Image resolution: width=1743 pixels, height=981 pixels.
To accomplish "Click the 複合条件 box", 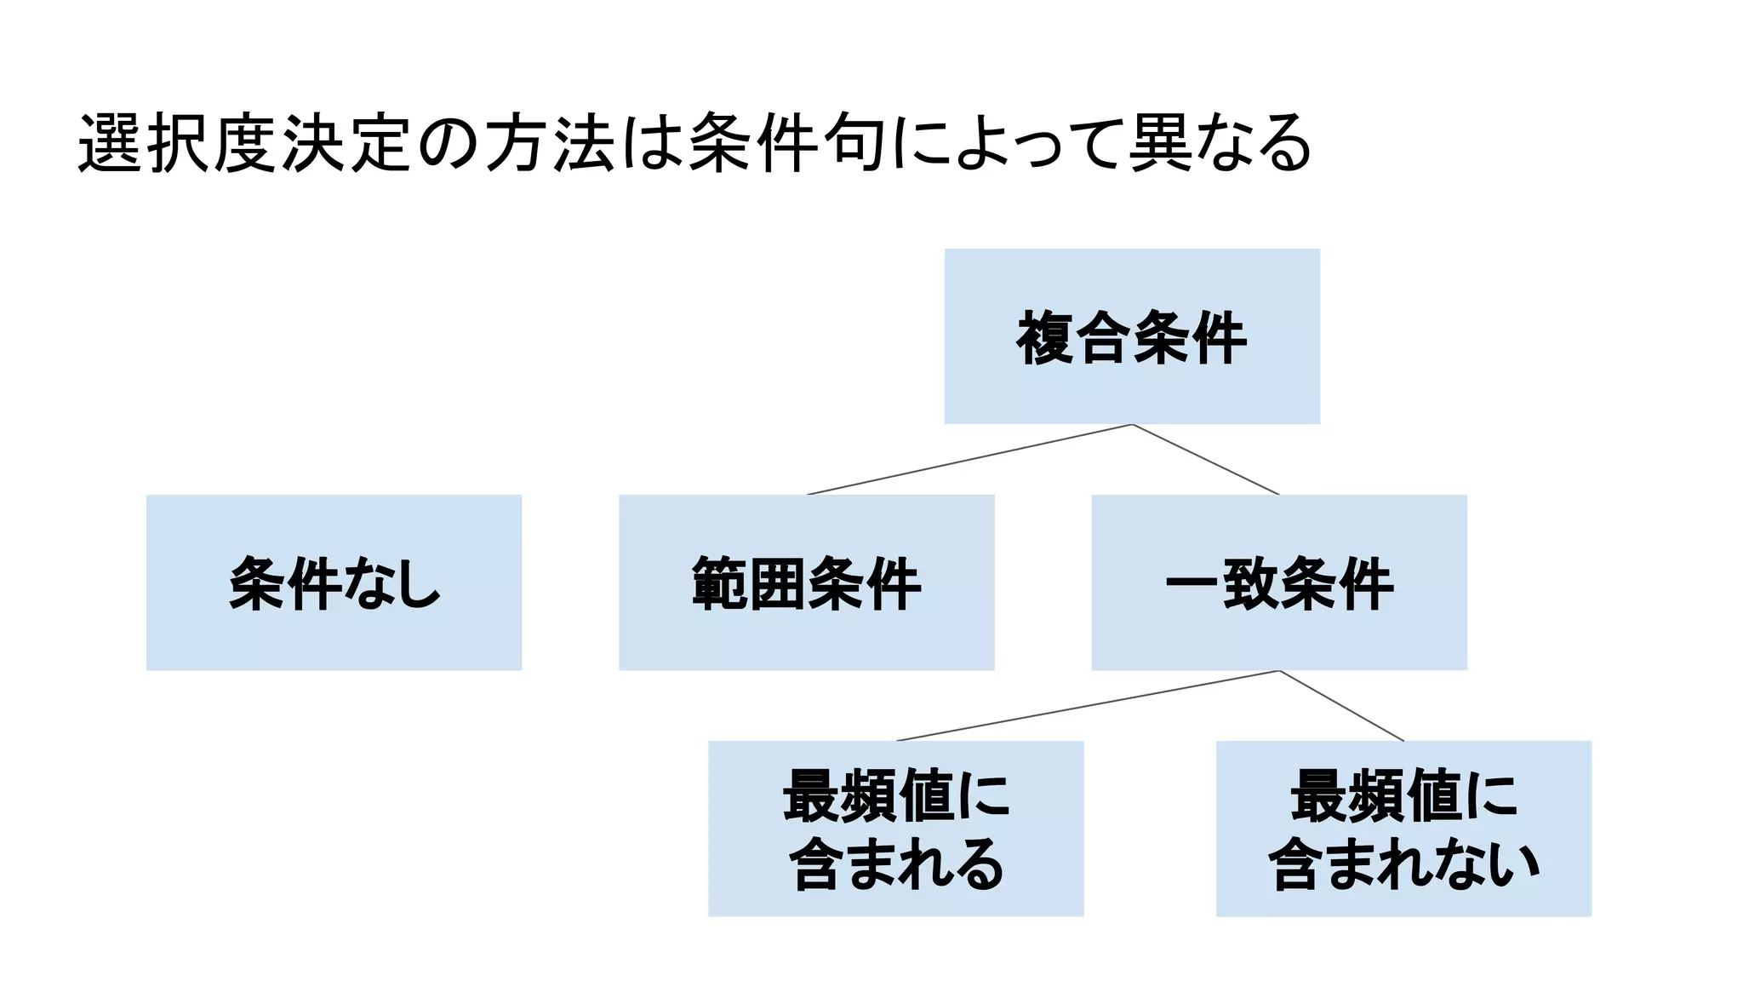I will point(1132,336).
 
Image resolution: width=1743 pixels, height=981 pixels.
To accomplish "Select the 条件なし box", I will point(334,582).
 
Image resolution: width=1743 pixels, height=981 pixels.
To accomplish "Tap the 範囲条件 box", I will point(806,582).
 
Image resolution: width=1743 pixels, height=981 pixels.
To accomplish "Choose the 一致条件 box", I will point(1278,582).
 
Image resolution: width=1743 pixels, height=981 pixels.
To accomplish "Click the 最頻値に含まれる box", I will point(895,828).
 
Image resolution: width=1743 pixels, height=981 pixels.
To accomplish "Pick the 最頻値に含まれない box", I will point(1403,828).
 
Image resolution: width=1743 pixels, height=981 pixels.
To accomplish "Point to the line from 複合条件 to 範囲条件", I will point(969,459).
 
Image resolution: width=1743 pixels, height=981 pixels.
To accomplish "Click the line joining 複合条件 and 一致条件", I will point(1206,460).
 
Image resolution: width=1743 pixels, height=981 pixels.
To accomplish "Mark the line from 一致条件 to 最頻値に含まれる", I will point(1088,706).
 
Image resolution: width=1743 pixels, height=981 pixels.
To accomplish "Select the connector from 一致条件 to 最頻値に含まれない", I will point(1341,706).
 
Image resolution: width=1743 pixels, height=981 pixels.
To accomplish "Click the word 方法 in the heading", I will point(550,143).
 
